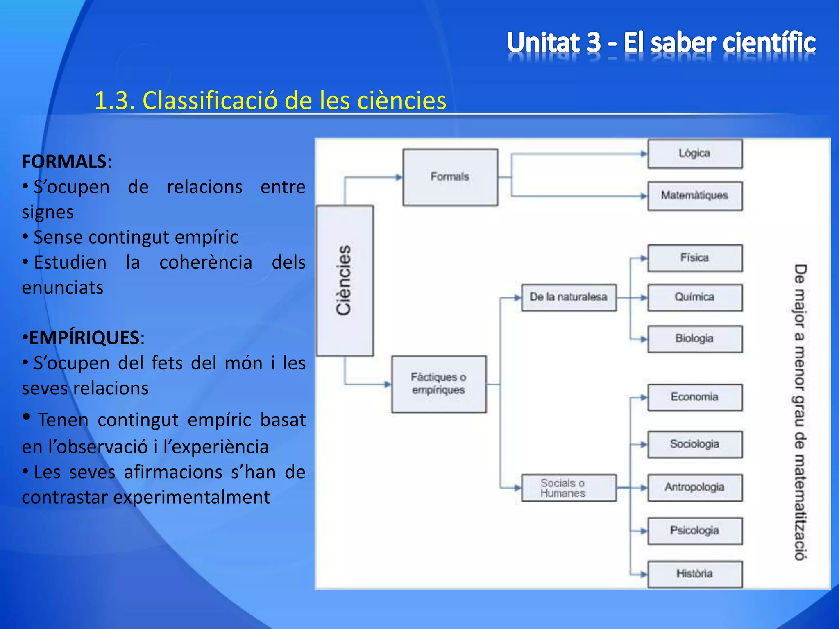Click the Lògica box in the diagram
point(695,154)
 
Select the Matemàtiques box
point(695,196)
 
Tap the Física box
point(695,258)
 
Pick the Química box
point(695,297)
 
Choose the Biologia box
point(695,339)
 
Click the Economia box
point(695,397)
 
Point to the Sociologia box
point(695,444)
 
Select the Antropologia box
point(695,487)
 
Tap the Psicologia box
point(695,531)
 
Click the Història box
point(695,574)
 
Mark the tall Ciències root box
point(345,281)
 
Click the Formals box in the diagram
point(450,177)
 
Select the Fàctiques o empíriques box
point(439,384)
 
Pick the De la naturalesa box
point(569,297)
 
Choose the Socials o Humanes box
point(569,488)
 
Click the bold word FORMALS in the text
point(64,162)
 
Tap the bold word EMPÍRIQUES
point(84,338)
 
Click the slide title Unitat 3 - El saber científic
point(661,43)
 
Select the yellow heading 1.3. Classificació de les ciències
point(270,100)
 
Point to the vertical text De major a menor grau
point(800,412)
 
